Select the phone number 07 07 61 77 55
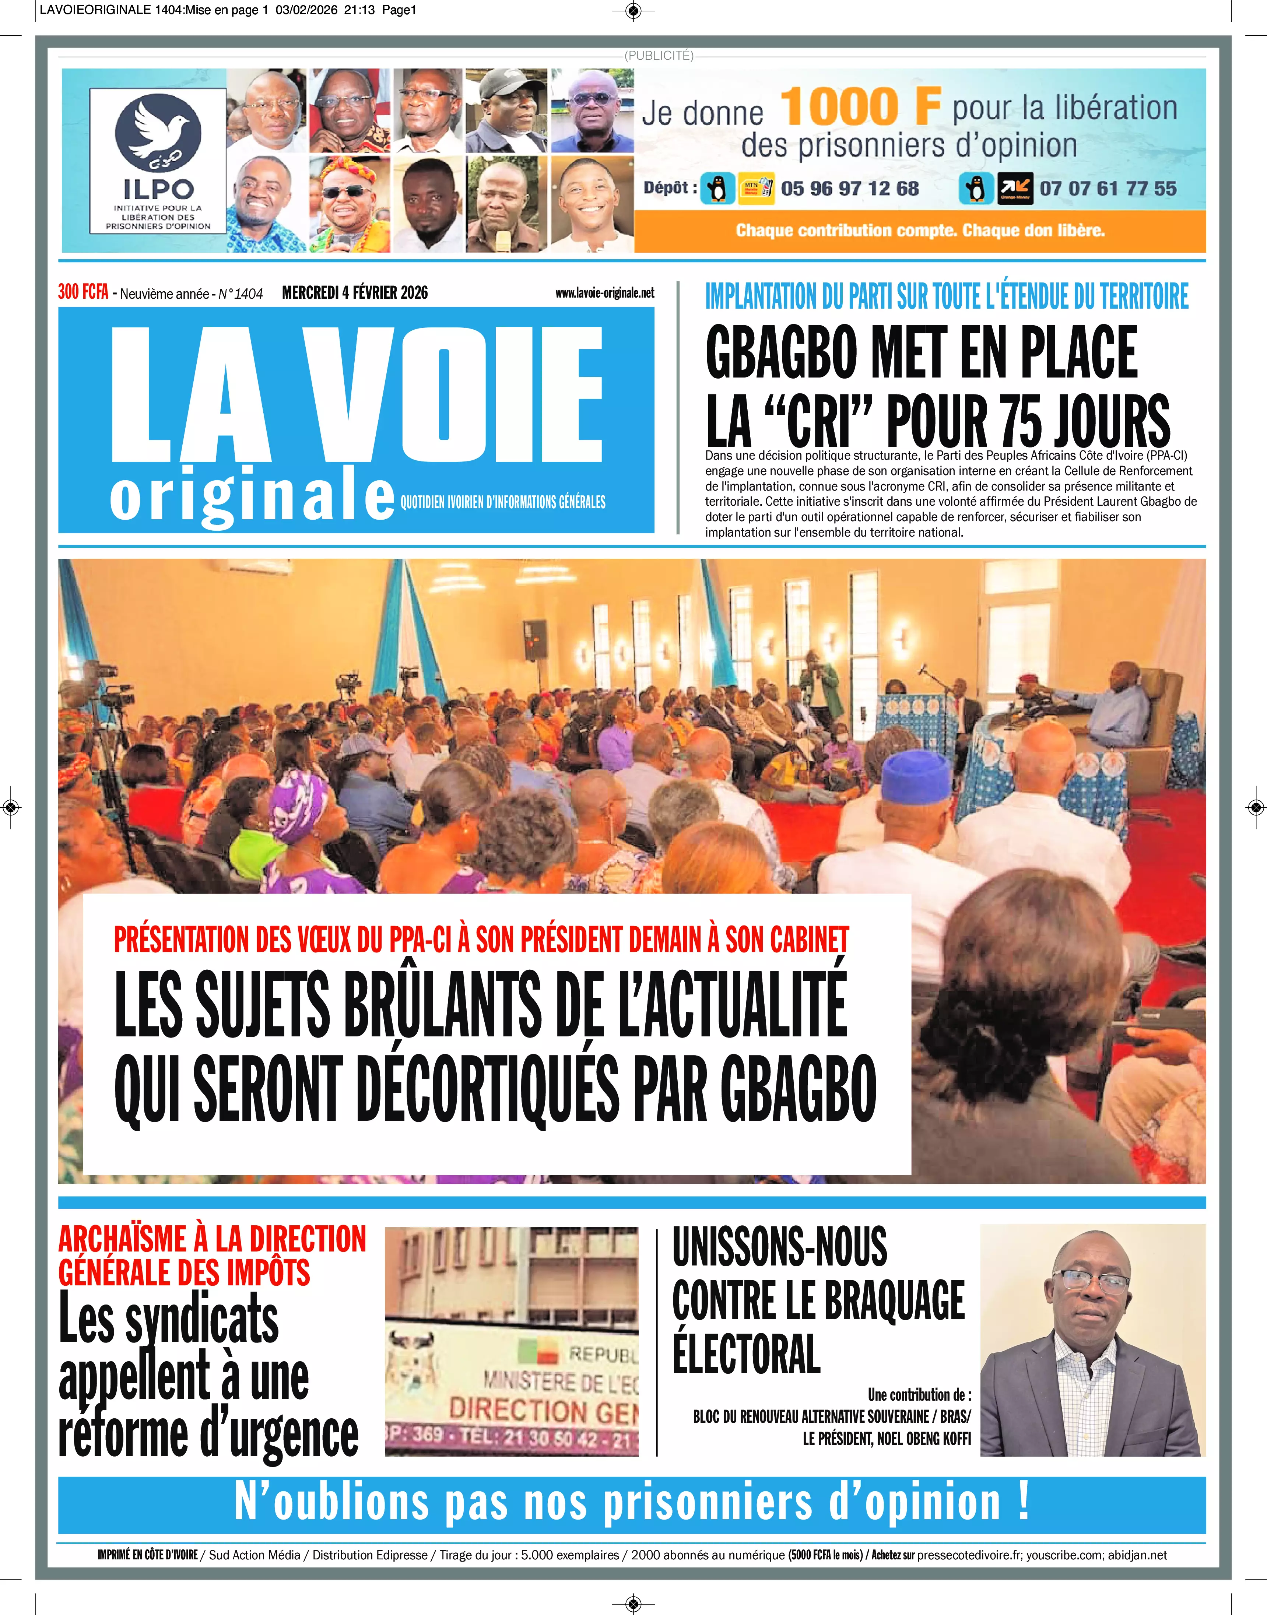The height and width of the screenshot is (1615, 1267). click(x=1108, y=189)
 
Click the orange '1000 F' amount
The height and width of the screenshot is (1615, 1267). click(x=860, y=107)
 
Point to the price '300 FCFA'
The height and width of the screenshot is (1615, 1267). click(x=83, y=292)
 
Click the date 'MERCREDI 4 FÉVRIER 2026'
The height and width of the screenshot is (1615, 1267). click(x=355, y=293)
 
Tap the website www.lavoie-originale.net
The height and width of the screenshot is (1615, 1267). click(x=604, y=293)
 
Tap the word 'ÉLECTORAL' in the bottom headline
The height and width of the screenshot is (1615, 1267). click(x=746, y=1354)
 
